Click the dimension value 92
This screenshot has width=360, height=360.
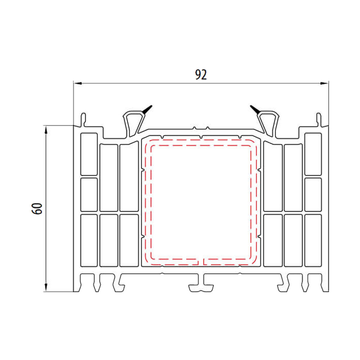pyautogui.click(x=201, y=75)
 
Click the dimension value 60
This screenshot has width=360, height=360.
pyautogui.click(x=38, y=208)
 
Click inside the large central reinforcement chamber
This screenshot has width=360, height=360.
pyautogui.click(x=201, y=202)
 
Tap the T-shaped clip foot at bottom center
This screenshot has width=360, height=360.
pyautogui.click(x=201, y=284)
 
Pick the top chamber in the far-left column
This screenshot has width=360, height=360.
pyautogui.click(x=89, y=154)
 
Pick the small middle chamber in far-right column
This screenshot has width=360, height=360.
pyautogui.click(x=313, y=194)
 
